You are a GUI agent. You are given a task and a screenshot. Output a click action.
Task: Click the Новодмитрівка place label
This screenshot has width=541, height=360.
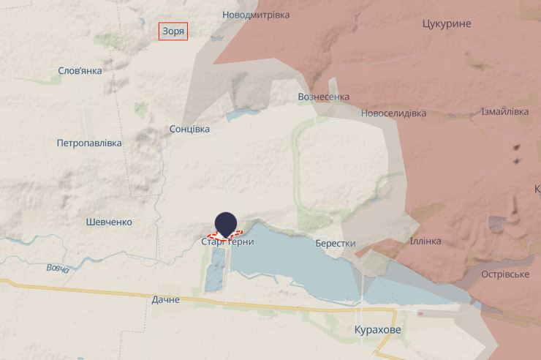coord(256,15)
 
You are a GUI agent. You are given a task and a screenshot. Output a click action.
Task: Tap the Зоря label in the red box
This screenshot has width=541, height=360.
coord(173,31)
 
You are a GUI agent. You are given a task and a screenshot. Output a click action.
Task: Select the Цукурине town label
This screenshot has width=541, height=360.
coord(447,23)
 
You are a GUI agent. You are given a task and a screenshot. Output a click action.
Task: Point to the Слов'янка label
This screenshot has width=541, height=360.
coord(80,71)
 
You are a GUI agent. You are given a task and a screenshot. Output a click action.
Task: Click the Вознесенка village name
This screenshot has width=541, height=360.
coord(324,97)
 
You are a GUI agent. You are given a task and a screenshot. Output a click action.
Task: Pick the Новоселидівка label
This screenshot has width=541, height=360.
coord(393,113)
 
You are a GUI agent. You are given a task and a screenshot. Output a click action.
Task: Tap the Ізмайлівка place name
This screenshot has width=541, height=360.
coord(504,112)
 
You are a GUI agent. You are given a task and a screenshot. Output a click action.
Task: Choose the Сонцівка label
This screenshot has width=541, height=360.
coord(189,129)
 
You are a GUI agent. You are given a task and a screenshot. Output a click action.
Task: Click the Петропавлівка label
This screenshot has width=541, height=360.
coord(89,143)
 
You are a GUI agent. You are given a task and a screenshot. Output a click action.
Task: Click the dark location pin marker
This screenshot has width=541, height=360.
coord(226,223)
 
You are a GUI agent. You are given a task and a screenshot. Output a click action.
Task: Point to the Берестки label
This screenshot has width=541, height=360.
coord(336,244)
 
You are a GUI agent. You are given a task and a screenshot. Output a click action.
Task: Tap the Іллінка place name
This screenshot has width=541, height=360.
coord(425,241)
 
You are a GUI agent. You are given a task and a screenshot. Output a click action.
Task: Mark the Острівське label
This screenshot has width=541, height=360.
coord(505,274)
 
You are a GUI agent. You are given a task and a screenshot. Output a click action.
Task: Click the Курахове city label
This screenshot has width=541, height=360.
coord(377,330)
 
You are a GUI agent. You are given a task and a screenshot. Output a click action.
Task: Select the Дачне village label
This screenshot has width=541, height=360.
coord(166,299)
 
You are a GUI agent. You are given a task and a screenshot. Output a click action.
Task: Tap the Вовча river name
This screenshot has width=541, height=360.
coord(58,269)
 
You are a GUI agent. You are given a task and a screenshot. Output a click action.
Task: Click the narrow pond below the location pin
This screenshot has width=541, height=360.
coord(215,269)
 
